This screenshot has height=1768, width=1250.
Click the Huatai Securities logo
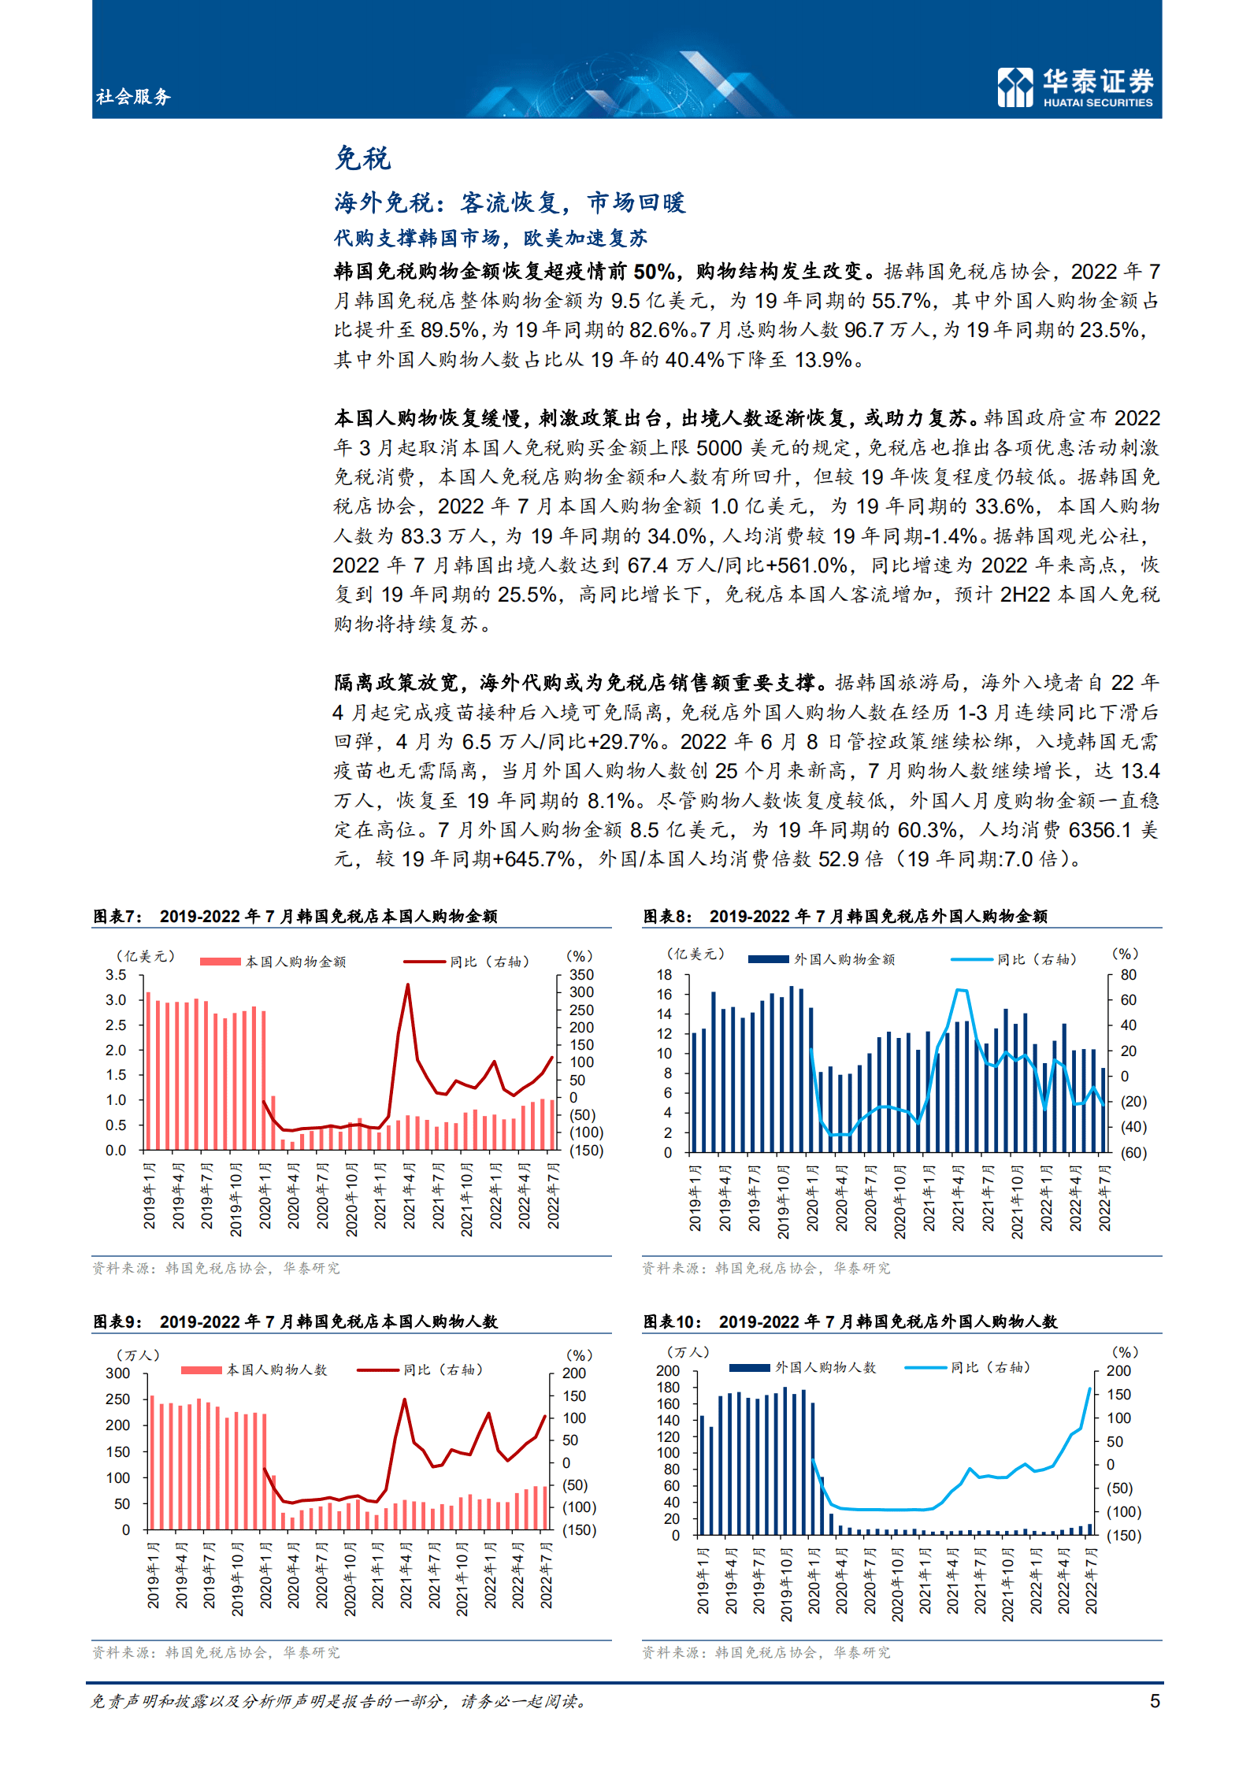1075,87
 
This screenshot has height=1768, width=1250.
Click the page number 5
1155,1700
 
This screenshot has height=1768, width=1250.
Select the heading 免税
362,158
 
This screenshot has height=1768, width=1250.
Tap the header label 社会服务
133,97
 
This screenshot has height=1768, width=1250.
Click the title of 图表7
295,916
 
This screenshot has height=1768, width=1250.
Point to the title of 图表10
850,1321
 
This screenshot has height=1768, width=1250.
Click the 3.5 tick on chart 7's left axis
116,975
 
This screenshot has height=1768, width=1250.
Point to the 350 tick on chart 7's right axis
581,975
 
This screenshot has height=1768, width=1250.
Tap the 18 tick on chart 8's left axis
665,975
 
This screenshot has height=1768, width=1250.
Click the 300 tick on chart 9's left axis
117,1373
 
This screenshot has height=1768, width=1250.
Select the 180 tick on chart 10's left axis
667,1388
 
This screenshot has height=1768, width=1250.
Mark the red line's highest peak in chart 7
407,984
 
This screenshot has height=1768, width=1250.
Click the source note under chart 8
766,1268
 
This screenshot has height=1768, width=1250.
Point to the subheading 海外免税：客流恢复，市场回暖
510,202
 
